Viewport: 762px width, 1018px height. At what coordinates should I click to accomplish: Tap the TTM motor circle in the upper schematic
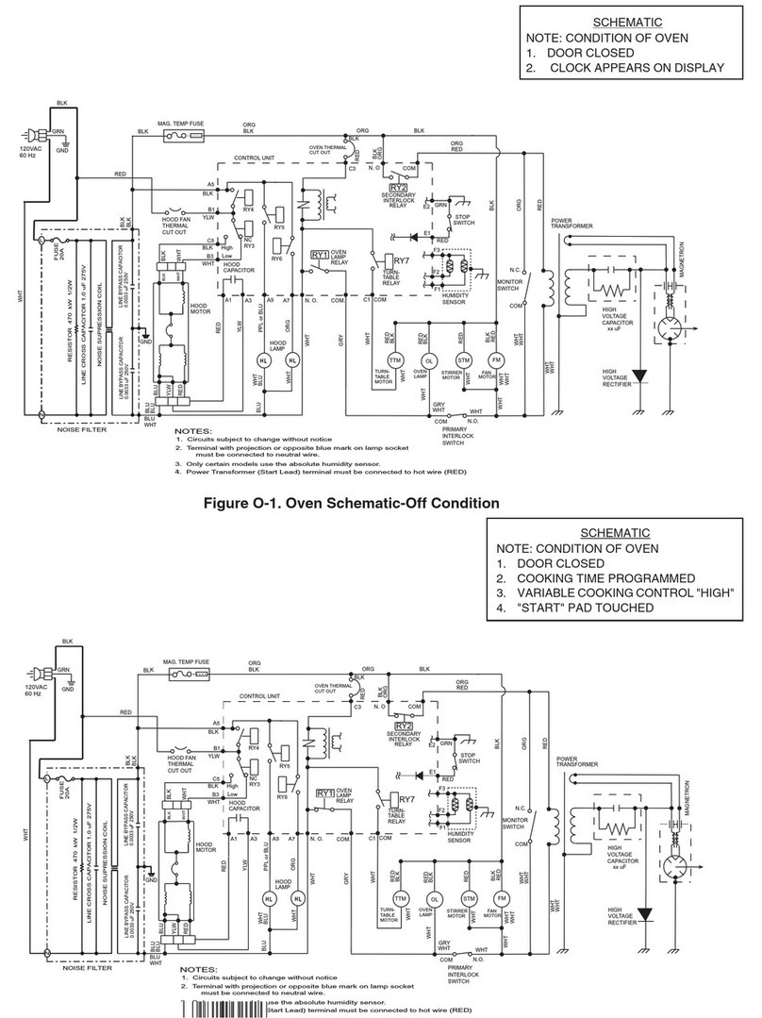click(x=394, y=360)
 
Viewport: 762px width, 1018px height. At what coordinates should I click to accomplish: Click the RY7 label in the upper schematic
click(x=401, y=260)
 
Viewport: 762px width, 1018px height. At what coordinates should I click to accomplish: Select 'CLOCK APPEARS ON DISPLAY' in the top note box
click(x=637, y=68)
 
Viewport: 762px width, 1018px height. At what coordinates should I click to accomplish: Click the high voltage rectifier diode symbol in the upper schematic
click(x=642, y=376)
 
